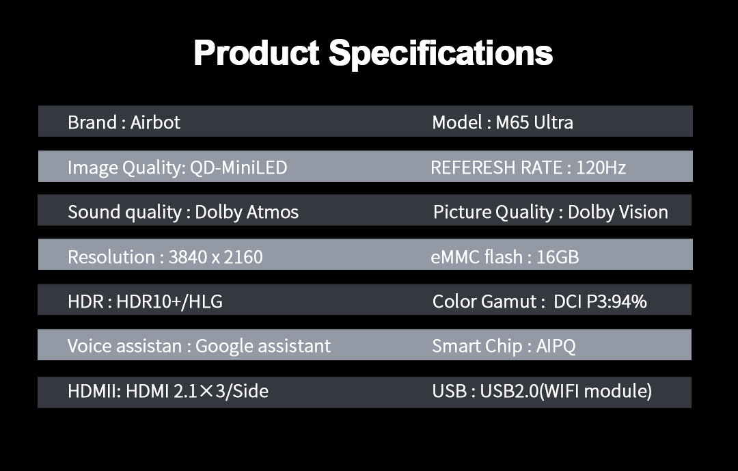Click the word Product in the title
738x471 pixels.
tap(256, 52)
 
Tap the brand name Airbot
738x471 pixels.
tap(155, 122)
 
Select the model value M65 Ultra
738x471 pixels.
tap(534, 122)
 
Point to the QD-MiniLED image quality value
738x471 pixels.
tap(238, 167)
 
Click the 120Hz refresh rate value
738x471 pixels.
tap(601, 167)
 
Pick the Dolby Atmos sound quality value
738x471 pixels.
tap(247, 213)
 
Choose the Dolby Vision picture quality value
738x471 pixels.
tap(618, 213)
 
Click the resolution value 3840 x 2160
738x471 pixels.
tap(215, 257)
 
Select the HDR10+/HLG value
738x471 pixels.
tap(169, 302)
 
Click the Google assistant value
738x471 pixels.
tap(262, 346)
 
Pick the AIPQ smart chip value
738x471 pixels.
tap(556, 347)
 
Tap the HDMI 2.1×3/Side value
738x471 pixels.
tap(197, 392)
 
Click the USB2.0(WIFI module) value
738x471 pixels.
tap(566, 392)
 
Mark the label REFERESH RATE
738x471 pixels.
tap(497, 167)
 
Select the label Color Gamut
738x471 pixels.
tap(484, 302)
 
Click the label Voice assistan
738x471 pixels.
tap(125, 346)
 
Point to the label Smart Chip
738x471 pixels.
tap(477, 347)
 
